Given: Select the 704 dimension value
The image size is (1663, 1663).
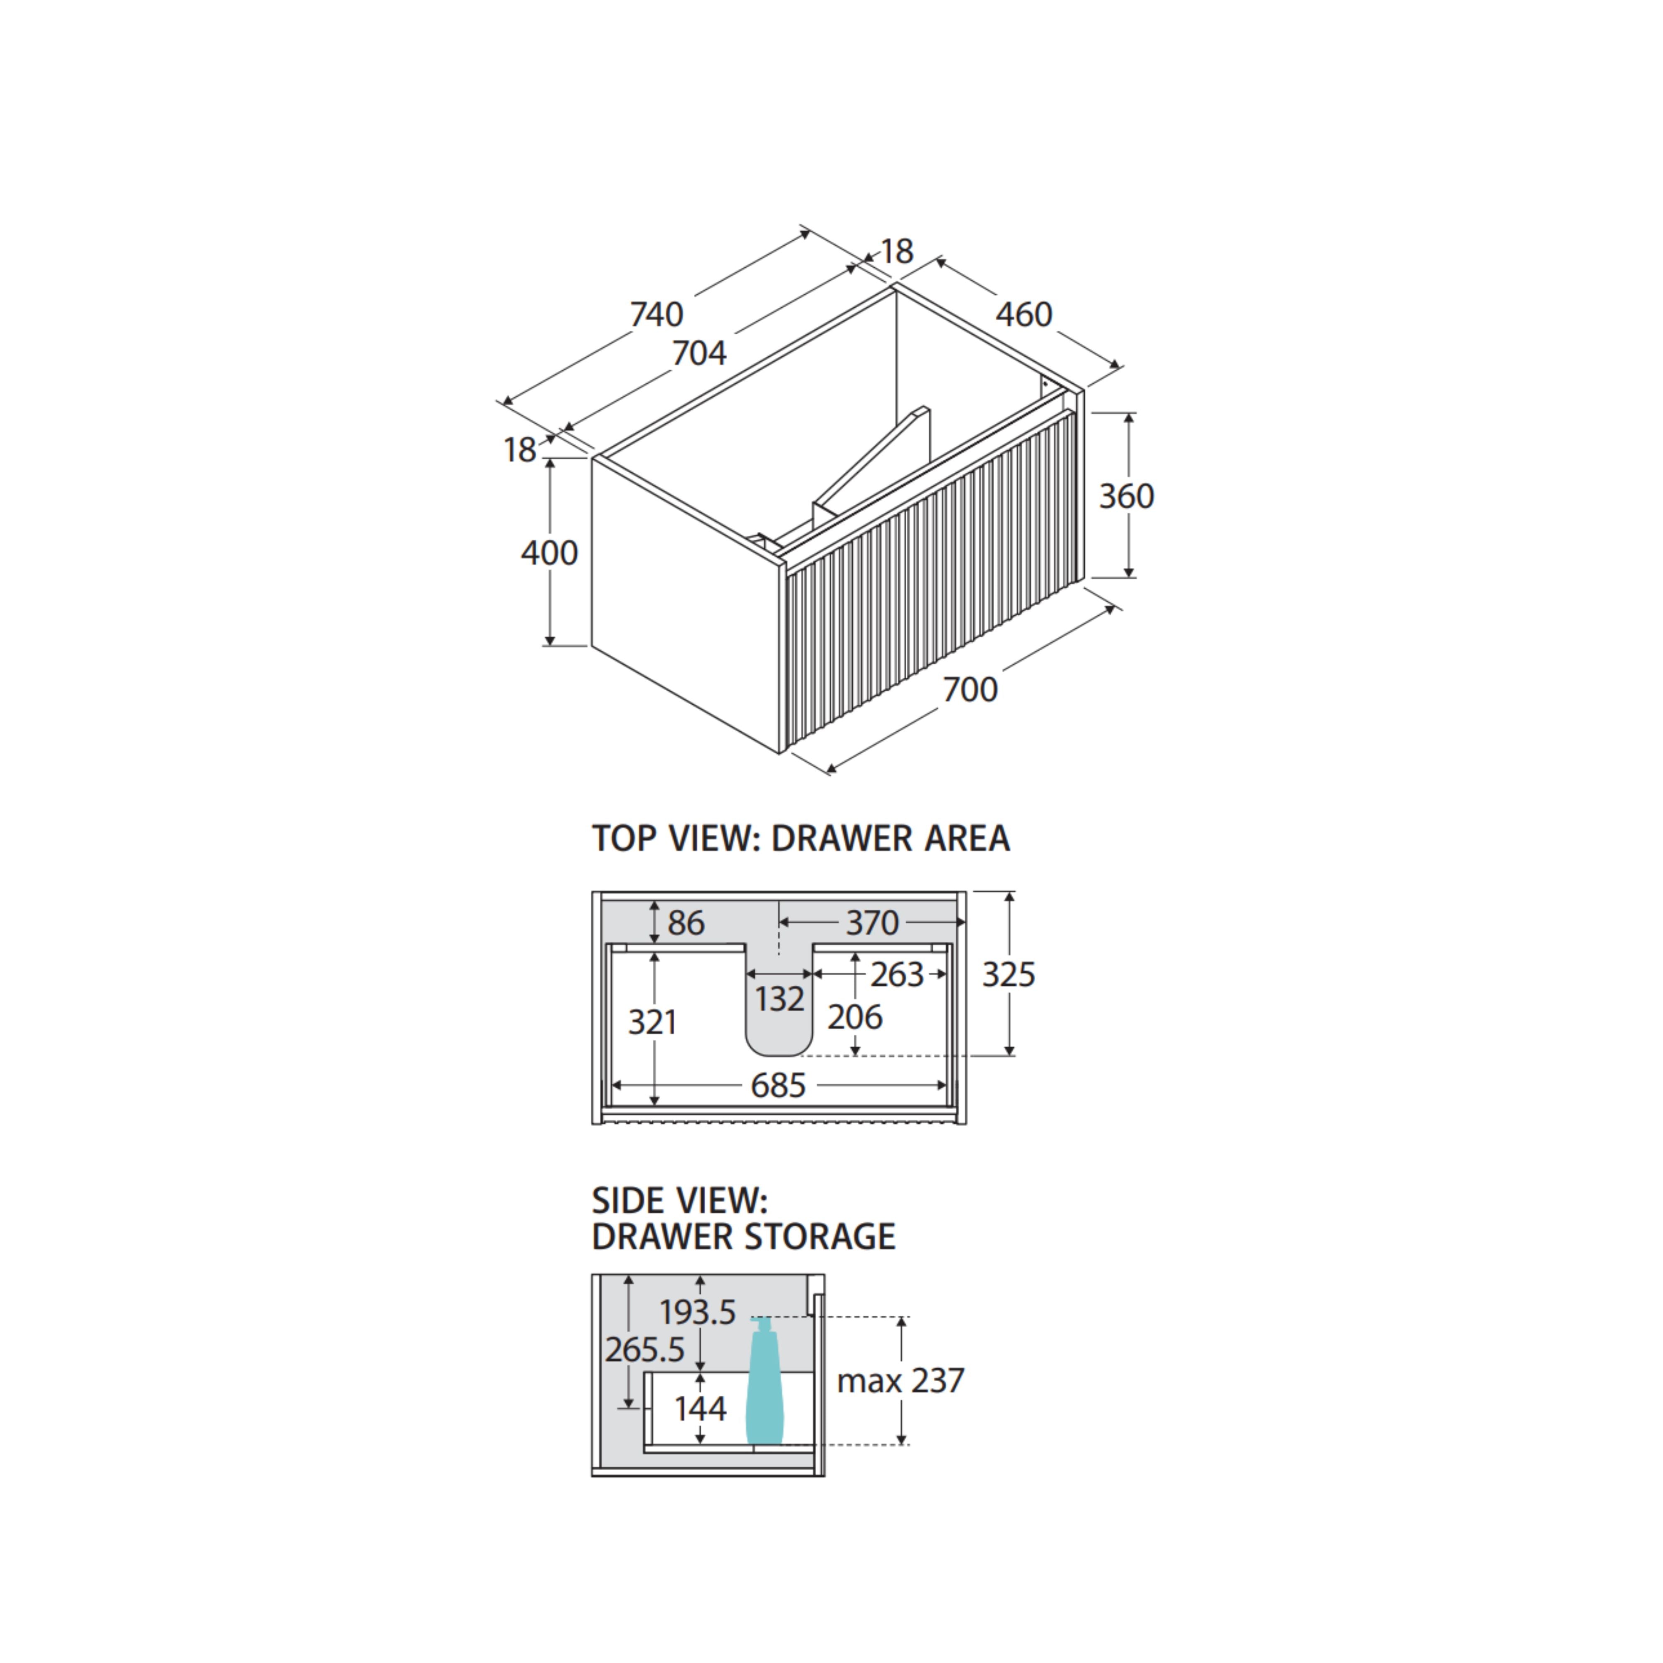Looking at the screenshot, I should pyautogui.click(x=699, y=353).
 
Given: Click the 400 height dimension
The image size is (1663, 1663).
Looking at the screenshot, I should pyautogui.click(x=549, y=553).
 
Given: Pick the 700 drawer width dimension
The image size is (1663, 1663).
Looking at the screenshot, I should pyautogui.click(x=970, y=689).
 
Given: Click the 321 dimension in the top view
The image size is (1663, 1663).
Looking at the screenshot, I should pyautogui.click(x=652, y=1023).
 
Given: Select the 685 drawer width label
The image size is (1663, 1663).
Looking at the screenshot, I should pyautogui.click(x=778, y=1086).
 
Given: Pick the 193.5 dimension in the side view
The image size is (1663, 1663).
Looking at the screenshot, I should pyautogui.click(x=697, y=1313).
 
